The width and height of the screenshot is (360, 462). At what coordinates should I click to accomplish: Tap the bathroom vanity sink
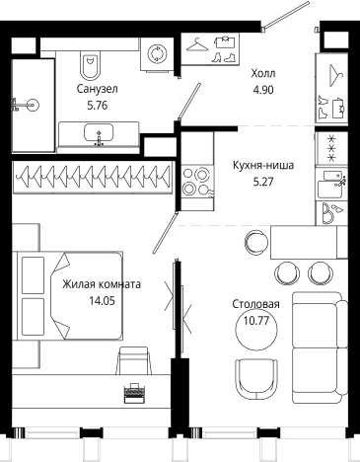pyautogui.click(x=97, y=134)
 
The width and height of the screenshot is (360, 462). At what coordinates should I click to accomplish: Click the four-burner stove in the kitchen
pyautogui.click(x=193, y=184)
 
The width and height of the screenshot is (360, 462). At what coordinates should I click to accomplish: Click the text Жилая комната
pyautogui.click(x=102, y=285)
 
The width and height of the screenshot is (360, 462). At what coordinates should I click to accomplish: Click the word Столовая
pyautogui.click(x=256, y=305)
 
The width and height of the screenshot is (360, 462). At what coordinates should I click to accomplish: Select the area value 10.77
pyautogui.click(x=256, y=320)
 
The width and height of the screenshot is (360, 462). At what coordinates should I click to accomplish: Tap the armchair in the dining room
pyautogui.click(x=257, y=378)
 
